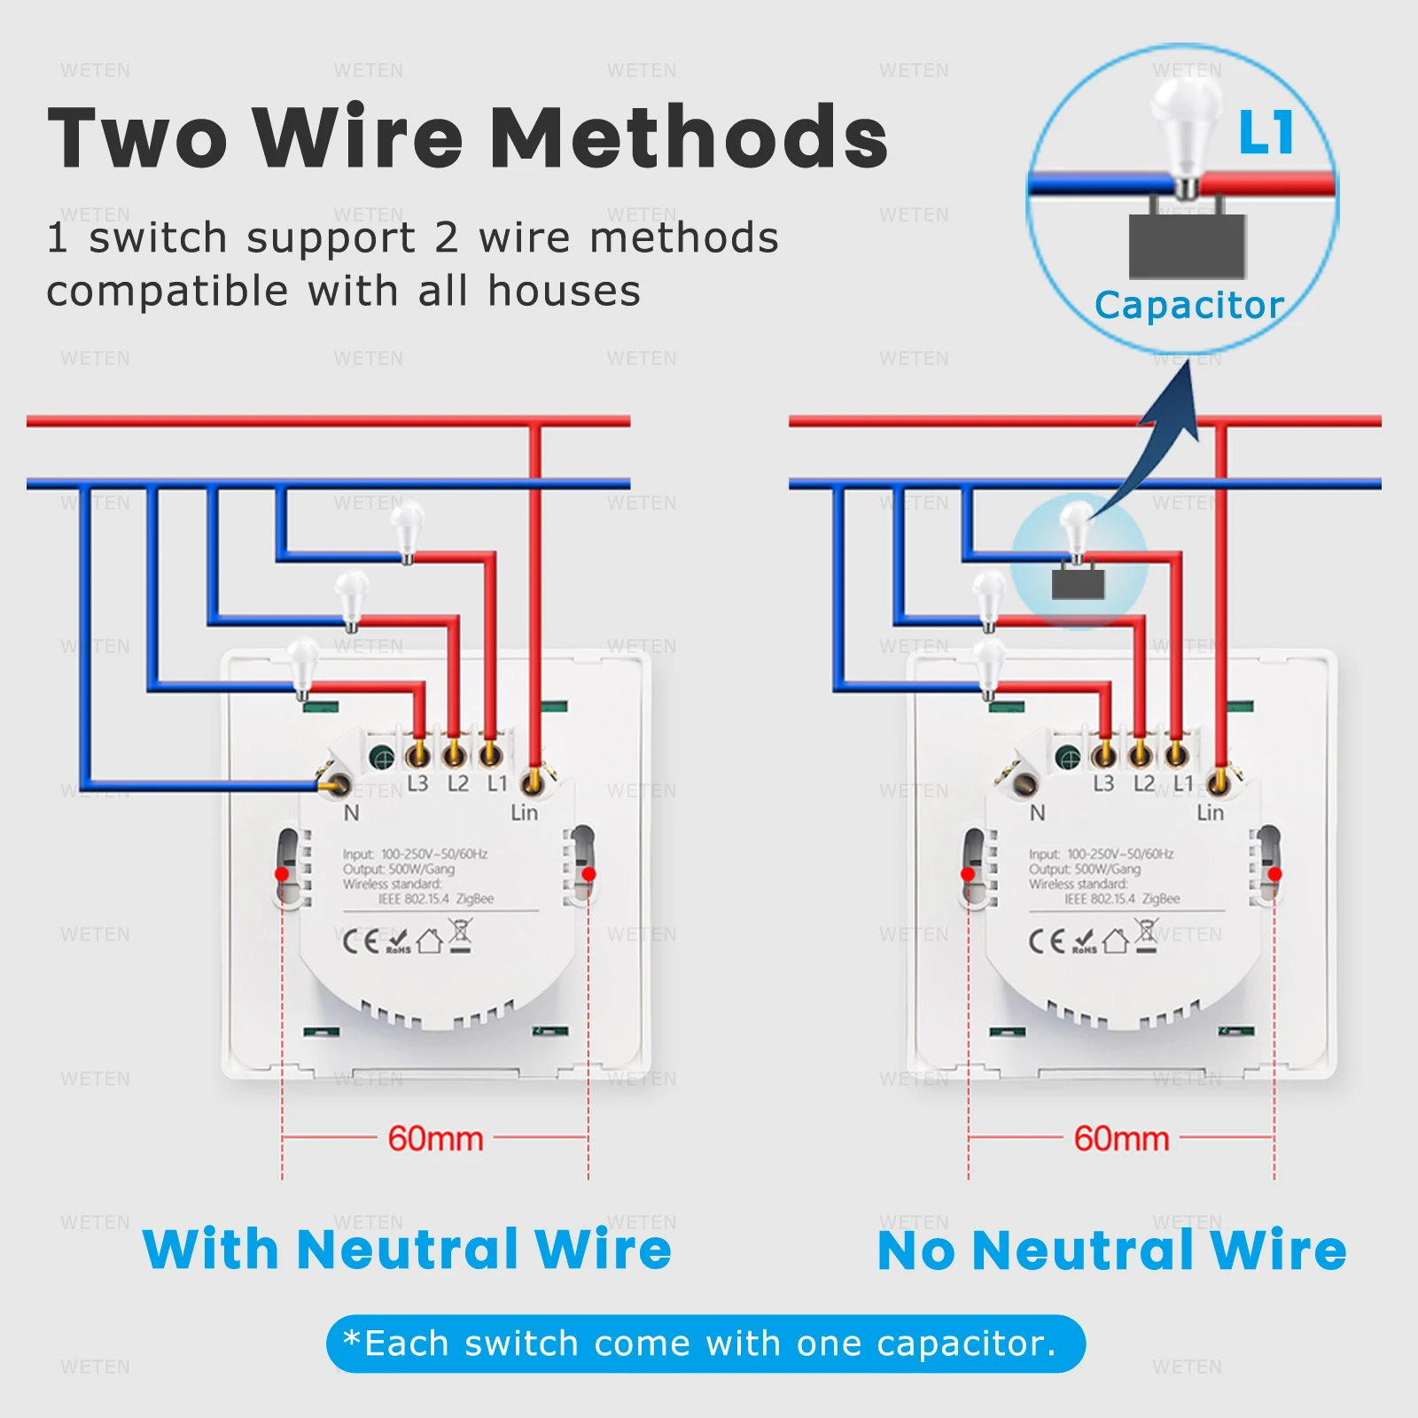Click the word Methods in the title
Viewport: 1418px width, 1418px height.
(689, 137)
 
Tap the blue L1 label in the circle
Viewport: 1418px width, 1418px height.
(1266, 133)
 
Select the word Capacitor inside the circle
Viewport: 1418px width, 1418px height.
(1189, 306)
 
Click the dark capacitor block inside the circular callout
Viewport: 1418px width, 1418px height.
(1188, 245)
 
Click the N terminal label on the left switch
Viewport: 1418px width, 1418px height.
(352, 813)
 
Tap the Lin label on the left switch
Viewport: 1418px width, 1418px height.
(524, 813)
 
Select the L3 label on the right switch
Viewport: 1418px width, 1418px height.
(1103, 783)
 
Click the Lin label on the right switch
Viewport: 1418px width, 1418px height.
(1210, 813)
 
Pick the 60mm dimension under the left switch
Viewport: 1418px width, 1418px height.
(435, 1139)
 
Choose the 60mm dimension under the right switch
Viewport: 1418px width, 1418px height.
(1121, 1139)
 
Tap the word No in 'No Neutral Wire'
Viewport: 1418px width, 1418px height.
(917, 1250)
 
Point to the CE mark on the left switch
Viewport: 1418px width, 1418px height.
(361, 940)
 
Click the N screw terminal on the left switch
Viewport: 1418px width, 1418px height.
(337, 783)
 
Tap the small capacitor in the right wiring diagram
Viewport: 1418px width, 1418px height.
(1078, 584)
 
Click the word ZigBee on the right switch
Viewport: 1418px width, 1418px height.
(1161, 899)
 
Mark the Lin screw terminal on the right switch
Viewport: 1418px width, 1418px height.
(1219, 782)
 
